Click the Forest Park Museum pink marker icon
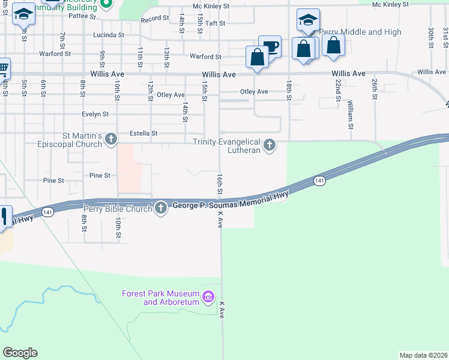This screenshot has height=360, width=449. point(209,296)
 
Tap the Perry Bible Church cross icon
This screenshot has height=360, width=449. point(160,208)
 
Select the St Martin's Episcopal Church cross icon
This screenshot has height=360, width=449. point(110,139)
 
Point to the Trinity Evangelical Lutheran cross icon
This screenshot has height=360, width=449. point(270,145)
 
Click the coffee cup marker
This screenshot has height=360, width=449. point(270,47)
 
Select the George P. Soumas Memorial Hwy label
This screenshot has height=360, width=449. point(231,200)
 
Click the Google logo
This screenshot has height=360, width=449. point(20,353)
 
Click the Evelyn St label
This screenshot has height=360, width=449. point(95,113)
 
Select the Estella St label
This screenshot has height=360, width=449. point(143,133)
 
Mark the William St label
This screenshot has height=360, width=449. point(350,114)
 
